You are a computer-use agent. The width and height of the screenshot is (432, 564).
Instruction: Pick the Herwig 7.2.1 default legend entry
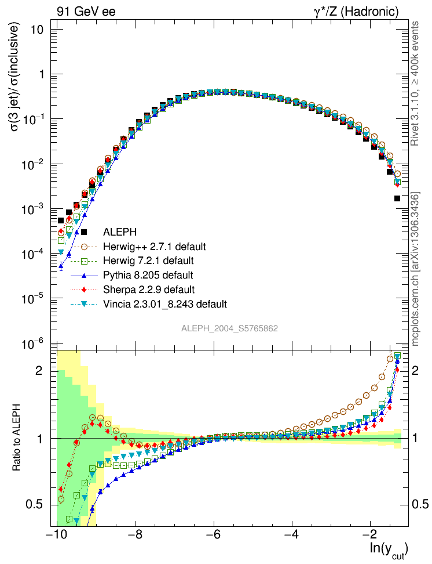pyautogui.click(x=148, y=261)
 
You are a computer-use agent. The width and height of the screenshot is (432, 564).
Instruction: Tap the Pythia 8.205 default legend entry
pyautogui.click(x=148, y=274)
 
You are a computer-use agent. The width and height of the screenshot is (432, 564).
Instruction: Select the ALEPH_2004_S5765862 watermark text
pyautogui.click(x=230, y=328)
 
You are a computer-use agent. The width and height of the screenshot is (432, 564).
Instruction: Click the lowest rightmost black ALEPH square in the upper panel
pyautogui.click(x=397, y=198)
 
